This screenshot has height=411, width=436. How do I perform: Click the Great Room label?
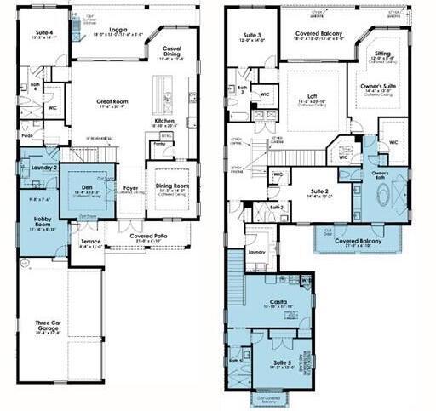coord(112,100)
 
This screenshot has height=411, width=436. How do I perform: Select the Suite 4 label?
coord(45,32)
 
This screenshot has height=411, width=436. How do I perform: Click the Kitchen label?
coord(164,122)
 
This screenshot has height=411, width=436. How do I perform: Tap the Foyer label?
coord(130,188)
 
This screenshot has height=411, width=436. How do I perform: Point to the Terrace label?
coord(90,242)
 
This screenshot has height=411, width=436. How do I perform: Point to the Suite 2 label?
coord(321,192)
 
